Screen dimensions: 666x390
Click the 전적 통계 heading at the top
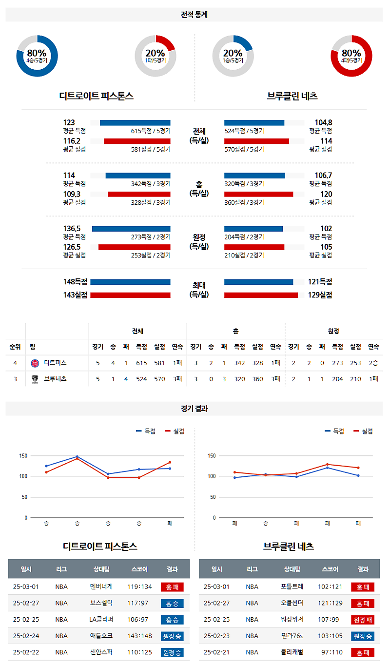[x=194, y=15]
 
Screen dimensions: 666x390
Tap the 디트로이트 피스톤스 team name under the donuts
[x=96, y=96]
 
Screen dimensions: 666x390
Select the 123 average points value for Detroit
[x=69, y=122]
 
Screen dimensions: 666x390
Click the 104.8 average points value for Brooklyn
[x=323, y=122]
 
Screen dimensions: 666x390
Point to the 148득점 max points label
[x=75, y=282]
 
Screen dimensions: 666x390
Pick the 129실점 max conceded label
[x=320, y=295]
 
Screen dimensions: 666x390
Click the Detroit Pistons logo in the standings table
[x=35, y=363]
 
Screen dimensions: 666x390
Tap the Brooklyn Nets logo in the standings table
[x=35, y=379]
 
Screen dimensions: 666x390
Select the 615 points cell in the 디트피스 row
[x=141, y=363]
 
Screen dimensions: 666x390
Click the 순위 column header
[x=15, y=347]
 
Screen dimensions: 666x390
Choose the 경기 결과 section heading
[x=194, y=409]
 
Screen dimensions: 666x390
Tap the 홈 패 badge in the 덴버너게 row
[x=172, y=587]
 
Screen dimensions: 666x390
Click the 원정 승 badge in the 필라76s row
[x=362, y=636]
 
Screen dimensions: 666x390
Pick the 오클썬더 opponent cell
[x=292, y=603]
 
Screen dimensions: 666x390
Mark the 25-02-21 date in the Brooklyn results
[x=216, y=652]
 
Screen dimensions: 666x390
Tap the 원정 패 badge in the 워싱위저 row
[x=362, y=620]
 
